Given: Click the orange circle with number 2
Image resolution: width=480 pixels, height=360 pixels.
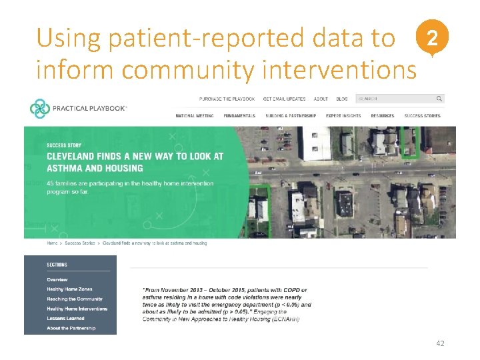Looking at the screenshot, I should (x=433, y=39).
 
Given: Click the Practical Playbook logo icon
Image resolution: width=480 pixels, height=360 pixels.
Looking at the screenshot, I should (x=39, y=108).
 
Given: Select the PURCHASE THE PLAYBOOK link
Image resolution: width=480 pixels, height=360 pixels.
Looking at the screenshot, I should (x=227, y=99).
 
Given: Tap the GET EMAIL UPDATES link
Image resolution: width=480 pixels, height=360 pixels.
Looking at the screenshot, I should (x=284, y=99).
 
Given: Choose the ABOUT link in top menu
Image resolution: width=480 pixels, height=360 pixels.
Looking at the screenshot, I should (x=321, y=99).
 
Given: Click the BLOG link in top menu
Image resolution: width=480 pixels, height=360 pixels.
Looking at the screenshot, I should (x=342, y=99).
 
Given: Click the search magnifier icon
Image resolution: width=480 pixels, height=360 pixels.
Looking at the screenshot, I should (x=439, y=99).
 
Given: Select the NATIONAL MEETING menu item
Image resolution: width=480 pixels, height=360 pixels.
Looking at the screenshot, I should (x=195, y=116).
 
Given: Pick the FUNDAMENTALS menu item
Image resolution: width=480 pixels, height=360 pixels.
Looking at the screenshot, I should (x=239, y=116).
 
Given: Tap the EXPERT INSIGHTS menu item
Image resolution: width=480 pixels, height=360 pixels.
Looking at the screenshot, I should (x=343, y=116).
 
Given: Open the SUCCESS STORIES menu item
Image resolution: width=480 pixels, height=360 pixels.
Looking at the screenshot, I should (x=422, y=116).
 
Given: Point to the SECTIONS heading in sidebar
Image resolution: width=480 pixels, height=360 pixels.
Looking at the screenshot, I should (x=57, y=265).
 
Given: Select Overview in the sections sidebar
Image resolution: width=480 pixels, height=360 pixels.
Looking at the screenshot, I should (x=57, y=279).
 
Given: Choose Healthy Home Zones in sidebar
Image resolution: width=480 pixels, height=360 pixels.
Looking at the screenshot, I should (x=69, y=289).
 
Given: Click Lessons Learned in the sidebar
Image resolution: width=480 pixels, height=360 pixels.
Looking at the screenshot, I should (x=65, y=319).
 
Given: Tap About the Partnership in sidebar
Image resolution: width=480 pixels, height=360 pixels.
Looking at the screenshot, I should (x=71, y=328).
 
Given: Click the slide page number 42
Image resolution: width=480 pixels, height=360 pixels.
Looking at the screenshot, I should (x=439, y=343).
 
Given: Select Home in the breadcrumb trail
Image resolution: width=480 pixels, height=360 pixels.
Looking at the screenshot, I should (x=51, y=243).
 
